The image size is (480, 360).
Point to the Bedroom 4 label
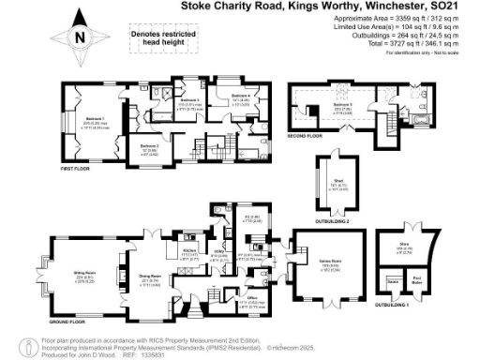[241, 96]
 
